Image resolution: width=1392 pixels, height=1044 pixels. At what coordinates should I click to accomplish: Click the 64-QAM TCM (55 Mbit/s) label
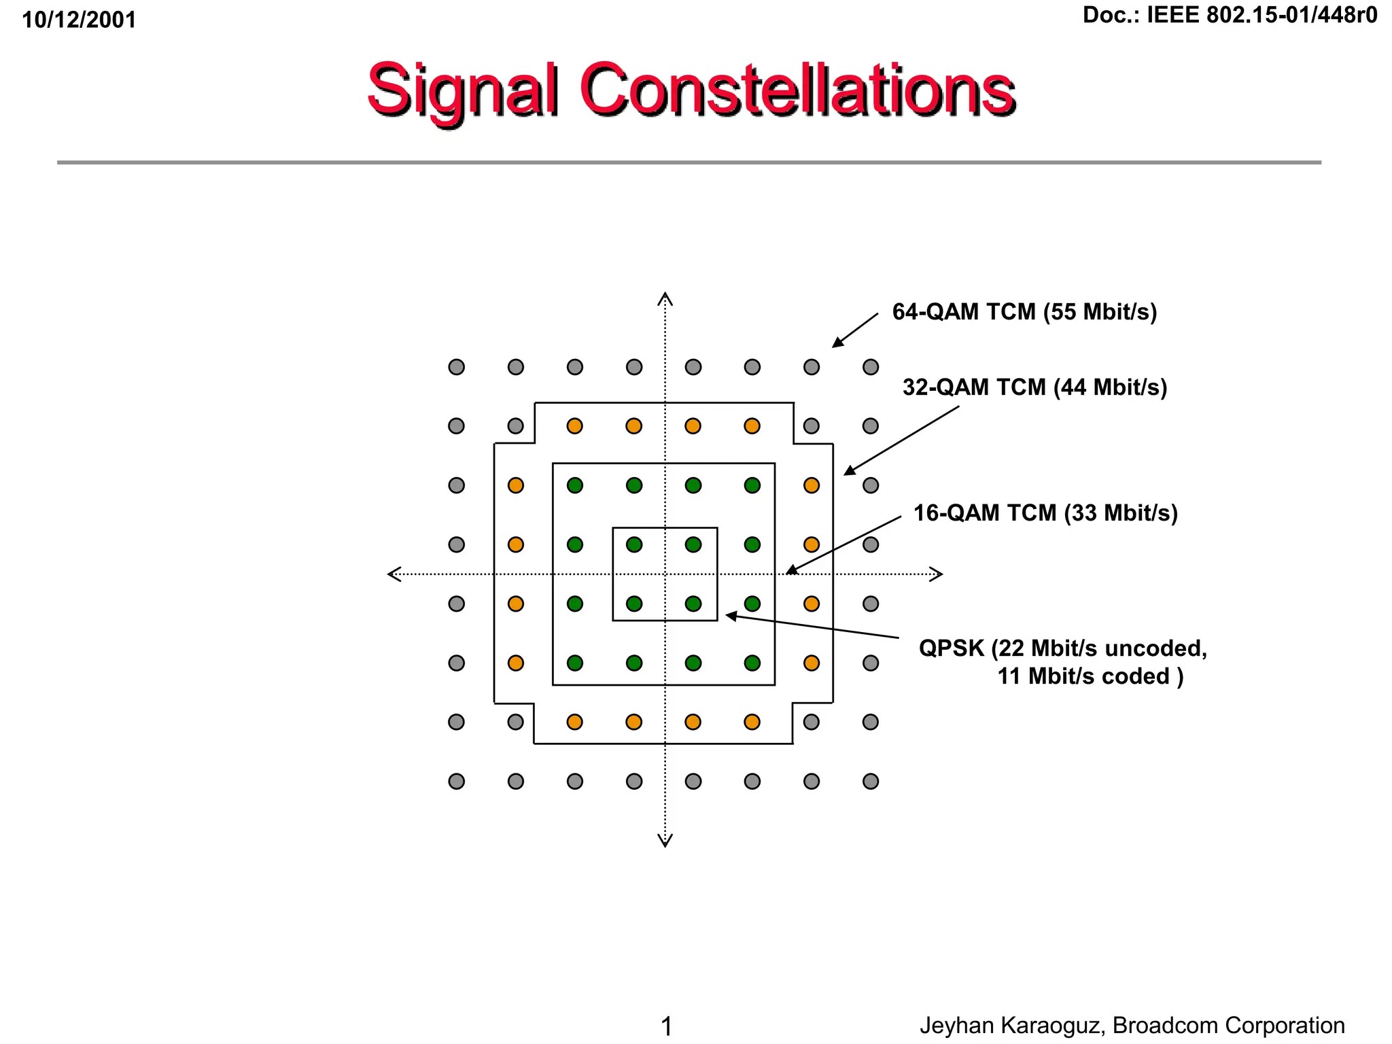pyautogui.click(x=1024, y=312)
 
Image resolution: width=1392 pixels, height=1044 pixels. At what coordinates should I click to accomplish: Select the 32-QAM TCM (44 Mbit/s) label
pyautogui.click(x=1034, y=387)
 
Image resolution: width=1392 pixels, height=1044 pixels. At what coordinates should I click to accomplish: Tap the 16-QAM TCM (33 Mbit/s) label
pyautogui.click(x=1045, y=513)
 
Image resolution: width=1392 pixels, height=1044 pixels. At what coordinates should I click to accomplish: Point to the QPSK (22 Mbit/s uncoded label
pyautogui.click(x=1062, y=648)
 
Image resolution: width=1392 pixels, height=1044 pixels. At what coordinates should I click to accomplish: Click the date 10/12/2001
pyautogui.click(x=79, y=20)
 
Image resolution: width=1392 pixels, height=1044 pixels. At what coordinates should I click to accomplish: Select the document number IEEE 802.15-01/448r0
pyautogui.click(x=1261, y=15)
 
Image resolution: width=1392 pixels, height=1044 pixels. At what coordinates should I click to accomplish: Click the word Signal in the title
pyautogui.click(x=462, y=90)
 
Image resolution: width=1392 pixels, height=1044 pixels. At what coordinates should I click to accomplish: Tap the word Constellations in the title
pyautogui.click(x=797, y=90)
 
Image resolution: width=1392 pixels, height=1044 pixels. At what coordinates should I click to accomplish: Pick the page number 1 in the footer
pyautogui.click(x=666, y=1026)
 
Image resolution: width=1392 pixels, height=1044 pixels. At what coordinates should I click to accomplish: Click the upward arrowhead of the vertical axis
pyautogui.click(x=665, y=298)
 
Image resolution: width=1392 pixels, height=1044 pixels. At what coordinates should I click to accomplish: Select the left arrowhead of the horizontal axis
pyautogui.click(x=394, y=574)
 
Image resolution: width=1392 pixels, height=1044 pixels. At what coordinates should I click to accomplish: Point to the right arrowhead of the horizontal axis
pyautogui.click(x=937, y=574)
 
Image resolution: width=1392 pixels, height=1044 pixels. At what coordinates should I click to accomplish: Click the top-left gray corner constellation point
pyautogui.click(x=457, y=367)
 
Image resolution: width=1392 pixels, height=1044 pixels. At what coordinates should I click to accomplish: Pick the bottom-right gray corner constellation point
pyautogui.click(x=871, y=781)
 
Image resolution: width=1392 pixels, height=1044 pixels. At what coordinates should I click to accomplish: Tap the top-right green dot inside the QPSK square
pyautogui.click(x=693, y=544)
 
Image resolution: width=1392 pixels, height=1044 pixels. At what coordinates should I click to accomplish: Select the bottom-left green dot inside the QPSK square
pyautogui.click(x=634, y=604)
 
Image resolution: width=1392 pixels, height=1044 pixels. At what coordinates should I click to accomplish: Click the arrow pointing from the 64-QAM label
pyautogui.click(x=855, y=330)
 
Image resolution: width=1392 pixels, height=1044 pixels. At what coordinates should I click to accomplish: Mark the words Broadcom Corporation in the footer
pyautogui.click(x=1228, y=1025)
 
